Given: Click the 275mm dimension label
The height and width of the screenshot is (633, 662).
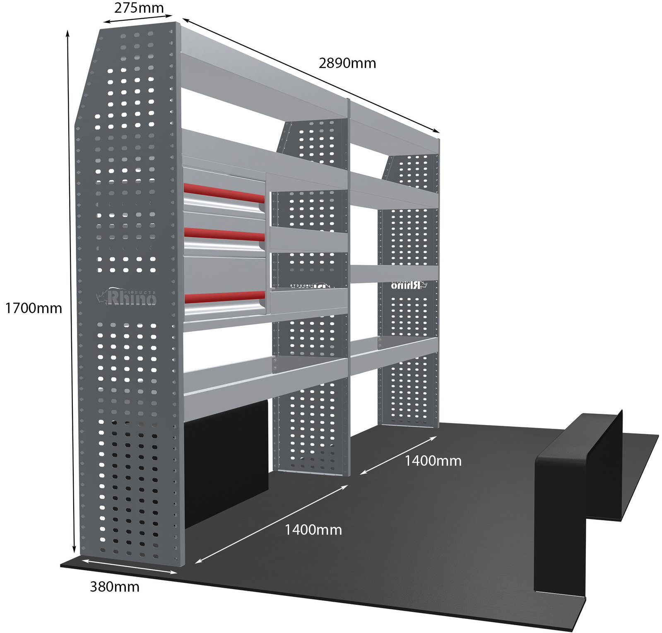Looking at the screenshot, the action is tap(139, 8).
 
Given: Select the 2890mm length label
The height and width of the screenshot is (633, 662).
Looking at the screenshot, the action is tap(347, 63).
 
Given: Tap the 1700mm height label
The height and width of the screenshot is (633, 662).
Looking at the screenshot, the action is tap(34, 308).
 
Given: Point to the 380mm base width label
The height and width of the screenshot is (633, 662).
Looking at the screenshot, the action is tap(115, 587).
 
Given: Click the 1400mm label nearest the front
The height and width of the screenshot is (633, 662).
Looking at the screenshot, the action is tap(313, 530).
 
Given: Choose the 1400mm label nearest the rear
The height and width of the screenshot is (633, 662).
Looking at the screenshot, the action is tap(433, 461).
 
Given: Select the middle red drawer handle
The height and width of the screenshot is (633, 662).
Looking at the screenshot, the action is tap(224, 234).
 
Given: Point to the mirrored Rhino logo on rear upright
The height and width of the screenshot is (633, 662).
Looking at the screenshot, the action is tap(409, 285).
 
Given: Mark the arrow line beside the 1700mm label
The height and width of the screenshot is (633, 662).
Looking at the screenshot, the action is tap(71, 292).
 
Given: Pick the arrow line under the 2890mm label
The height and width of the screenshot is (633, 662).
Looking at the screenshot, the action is tap(311, 75).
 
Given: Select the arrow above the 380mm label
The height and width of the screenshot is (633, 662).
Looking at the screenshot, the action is tap(130, 566).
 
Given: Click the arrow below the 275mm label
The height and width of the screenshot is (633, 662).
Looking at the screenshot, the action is tap(138, 19).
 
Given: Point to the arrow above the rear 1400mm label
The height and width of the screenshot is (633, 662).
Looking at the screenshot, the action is tap(398, 455).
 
